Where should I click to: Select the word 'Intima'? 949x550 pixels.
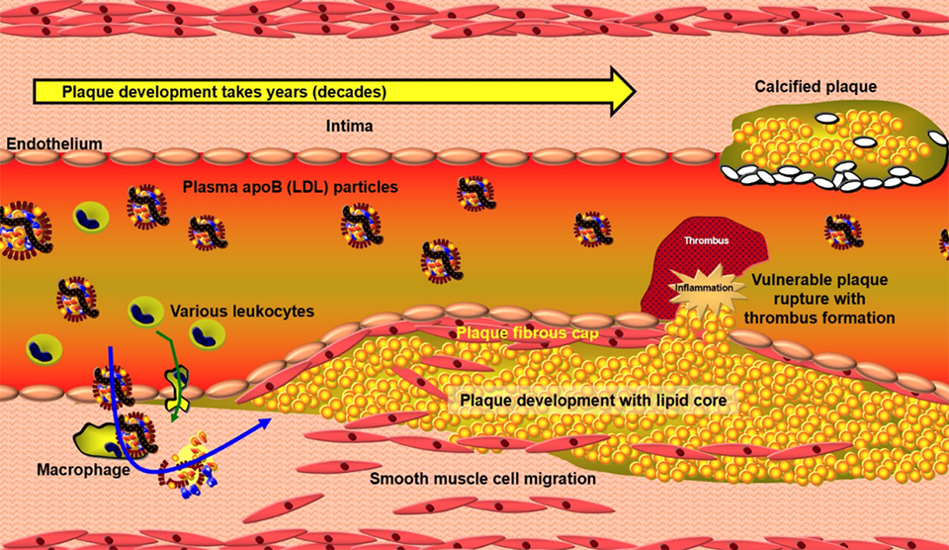coord(347,127)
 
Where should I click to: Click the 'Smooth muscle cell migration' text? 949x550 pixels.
coord(482,479)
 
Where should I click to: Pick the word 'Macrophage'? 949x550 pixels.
coord(84,469)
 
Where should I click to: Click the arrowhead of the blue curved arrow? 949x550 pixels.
coord(266,422)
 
